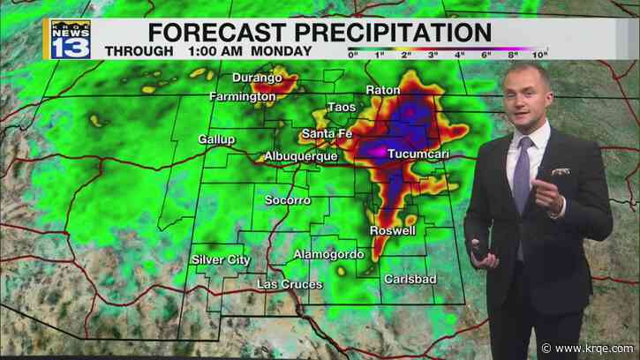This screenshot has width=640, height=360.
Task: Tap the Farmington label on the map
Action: tap(241, 95)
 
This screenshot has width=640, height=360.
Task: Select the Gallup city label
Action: tap(216, 139)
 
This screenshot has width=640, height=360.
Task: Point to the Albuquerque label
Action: tap(301, 156)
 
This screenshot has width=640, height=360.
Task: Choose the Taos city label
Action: tap(341, 108)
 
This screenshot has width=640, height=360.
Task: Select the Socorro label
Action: tap(288, 200)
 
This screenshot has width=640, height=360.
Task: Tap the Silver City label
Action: tap(221, 259)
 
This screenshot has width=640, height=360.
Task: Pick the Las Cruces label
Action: tap(290, 284)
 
